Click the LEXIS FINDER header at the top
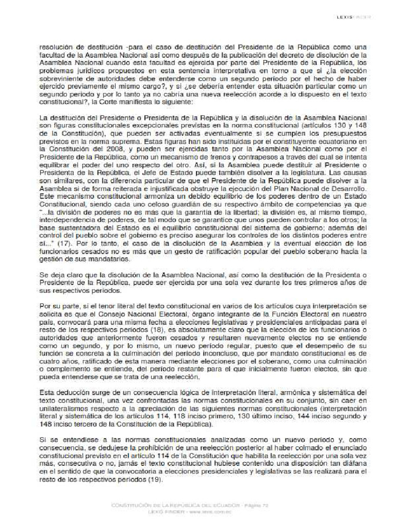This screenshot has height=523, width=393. tap(353, 17)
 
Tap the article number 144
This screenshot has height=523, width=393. tap(290, 418)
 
